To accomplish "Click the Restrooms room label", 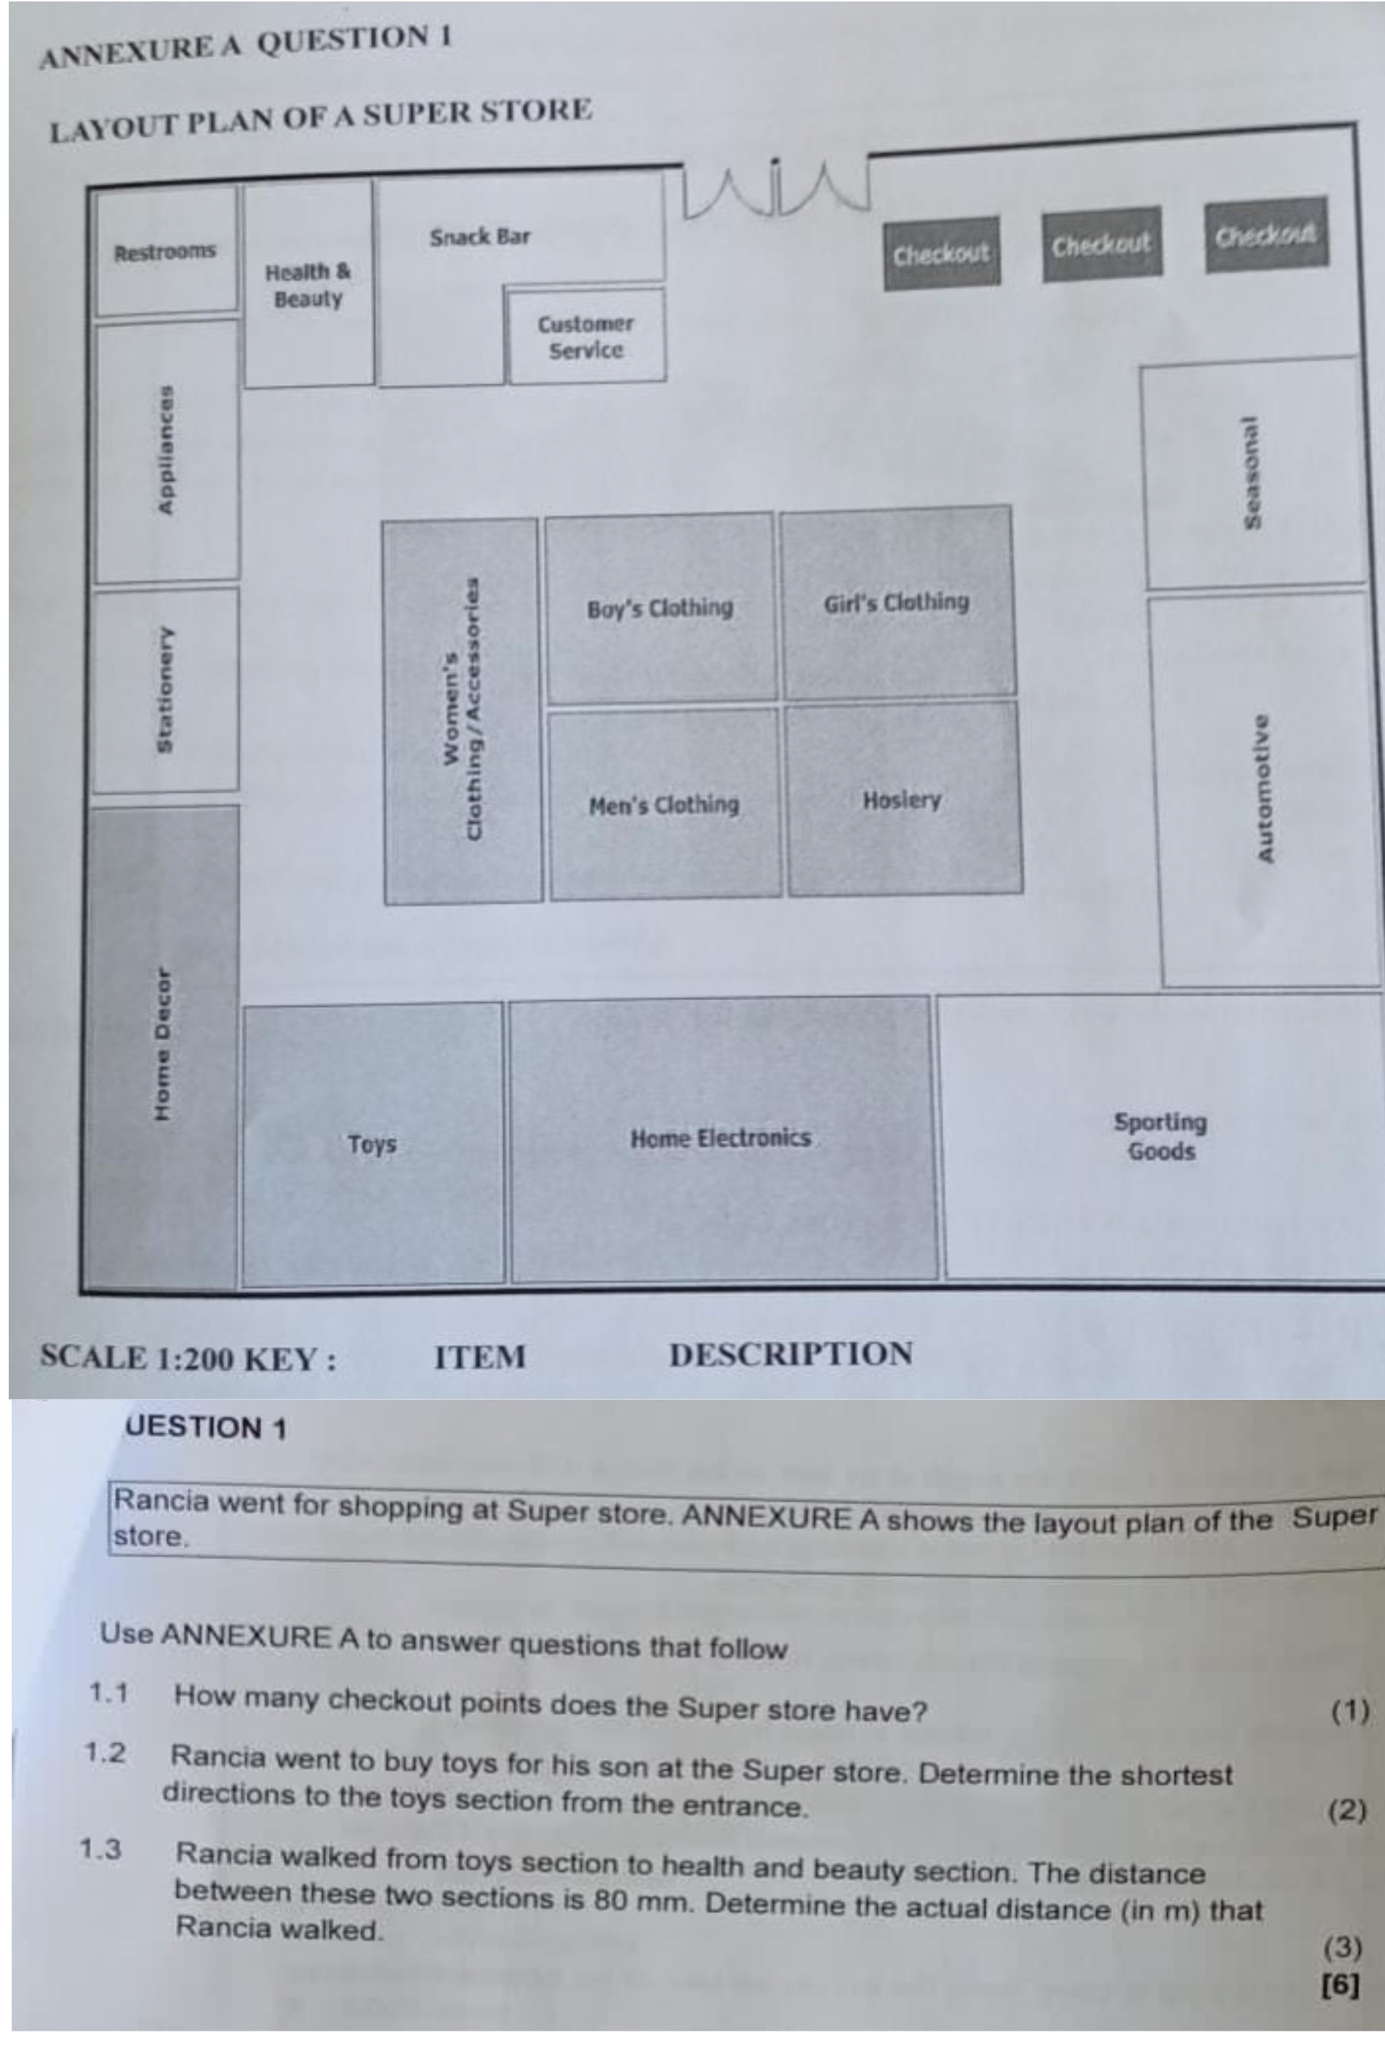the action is [164, 252].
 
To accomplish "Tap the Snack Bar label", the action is [479, 236].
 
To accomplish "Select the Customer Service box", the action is [586, 335].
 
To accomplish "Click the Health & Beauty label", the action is [307, 284].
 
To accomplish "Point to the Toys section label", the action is [372, 1144].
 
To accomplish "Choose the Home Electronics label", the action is [720, 1138].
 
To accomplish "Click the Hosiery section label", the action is [902, 800].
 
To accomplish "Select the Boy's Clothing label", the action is [660, 608].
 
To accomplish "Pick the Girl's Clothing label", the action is [896, 603].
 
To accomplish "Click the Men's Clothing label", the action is [663, 805].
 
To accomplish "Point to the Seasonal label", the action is [1251, 472].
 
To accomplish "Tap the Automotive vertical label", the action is [1265, 788].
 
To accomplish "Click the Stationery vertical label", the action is [164, 690].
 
